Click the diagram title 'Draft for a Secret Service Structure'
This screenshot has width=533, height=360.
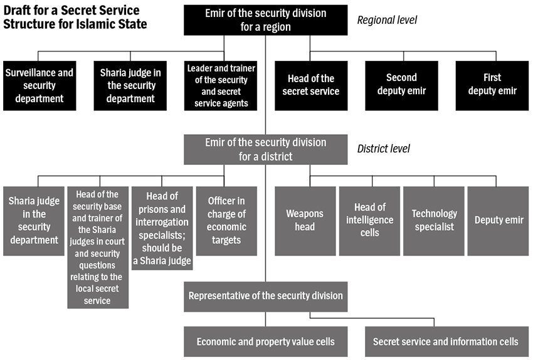click(75, 18)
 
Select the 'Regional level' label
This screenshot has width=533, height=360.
click(387, 20)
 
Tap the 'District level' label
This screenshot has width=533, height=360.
click(383, 149)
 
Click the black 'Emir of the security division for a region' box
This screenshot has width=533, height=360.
click(266, 20)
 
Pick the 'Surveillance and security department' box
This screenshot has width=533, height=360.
click(40, 85)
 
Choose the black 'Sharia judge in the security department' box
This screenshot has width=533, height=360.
click(130, 85)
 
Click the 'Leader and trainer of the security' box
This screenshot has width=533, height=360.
click(221, 85)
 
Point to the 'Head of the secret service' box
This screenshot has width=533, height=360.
click(311, 85)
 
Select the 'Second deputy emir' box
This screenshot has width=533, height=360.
click(401, 85)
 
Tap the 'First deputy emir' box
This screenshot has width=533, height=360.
click(492, 85)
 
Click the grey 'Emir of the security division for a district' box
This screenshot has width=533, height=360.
click(266, 149)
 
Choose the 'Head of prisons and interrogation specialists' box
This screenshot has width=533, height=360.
click(162, 228)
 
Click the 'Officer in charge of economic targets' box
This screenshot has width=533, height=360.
click(226, 221)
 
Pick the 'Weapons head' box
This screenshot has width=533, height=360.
click(305, 221)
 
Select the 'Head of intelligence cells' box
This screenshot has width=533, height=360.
click(369, 221)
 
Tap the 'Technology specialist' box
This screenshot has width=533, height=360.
click(434, 221)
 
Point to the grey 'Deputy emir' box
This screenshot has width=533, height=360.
click(499, 221)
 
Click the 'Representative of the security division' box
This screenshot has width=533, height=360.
click(266, 296)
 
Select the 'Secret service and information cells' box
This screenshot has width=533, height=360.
click(446, 342)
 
